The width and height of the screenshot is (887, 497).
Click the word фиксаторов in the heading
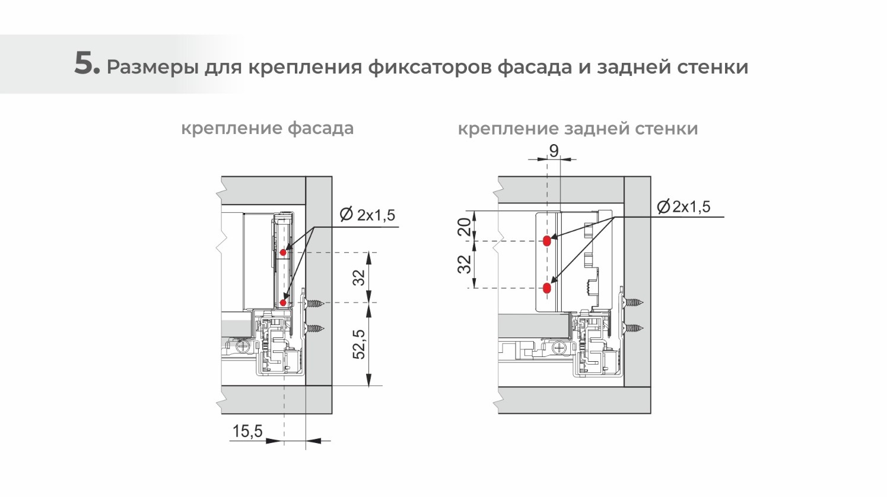point(430,67)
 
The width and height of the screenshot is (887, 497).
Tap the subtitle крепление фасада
point(267,128)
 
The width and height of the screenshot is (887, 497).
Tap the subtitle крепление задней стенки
point(577,129)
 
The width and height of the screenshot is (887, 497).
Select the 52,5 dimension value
point(359,345)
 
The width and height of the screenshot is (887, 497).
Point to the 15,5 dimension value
point(247,431)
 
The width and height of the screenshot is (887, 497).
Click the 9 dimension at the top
point(554,151)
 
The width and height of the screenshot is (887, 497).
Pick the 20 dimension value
point(466,226)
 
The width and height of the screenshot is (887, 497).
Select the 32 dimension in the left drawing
point(359,278)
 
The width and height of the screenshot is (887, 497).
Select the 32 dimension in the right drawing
point(466,264)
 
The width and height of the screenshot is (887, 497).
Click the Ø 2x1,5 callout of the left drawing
point(367,215)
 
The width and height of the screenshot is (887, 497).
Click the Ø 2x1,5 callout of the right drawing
point(683,207)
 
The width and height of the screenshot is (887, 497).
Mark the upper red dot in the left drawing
point(283,253)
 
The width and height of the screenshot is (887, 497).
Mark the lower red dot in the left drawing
point(283,302)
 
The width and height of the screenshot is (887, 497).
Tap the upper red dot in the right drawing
point(546,241)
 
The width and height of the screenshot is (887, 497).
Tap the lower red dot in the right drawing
point(546,288)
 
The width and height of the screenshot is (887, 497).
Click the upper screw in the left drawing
point(315,303)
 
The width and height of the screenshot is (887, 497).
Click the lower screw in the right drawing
point(633,327)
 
